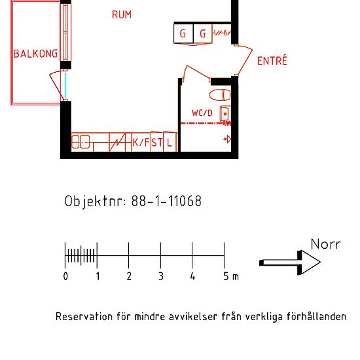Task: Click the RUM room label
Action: [121, 14]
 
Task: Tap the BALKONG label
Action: [35, 54]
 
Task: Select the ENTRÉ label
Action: [272, 61]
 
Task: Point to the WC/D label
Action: [202, 113]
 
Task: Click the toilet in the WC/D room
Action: [222, 94]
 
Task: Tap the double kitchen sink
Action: [81, 142]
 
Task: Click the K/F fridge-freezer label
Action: [141, 142]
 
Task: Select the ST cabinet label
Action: [157, 142]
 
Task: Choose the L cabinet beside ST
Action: [170, 142]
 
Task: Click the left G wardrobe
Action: [183, 33]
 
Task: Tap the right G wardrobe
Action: [202, 33]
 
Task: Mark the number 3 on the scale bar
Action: [160, 277]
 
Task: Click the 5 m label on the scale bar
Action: [230, 277]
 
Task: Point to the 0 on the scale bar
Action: [65, 277]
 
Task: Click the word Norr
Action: [325, 244]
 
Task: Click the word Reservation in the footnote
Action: [84, 317]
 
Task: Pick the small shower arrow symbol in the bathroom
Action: [227, 138]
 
